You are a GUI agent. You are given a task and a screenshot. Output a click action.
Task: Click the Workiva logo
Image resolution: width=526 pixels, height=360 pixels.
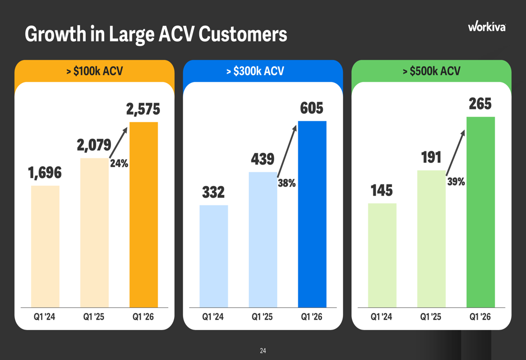[x=487, y=26]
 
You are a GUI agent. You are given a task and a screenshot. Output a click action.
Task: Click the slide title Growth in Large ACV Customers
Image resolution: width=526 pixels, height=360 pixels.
[x=156, y=34]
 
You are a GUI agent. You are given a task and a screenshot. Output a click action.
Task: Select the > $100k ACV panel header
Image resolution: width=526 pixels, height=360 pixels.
[x=95, y=71]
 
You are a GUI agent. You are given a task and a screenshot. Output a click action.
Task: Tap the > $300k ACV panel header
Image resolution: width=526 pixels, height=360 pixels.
[x=255, y=71]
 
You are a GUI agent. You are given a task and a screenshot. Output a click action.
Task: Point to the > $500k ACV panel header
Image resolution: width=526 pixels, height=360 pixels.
[x=431, y=71]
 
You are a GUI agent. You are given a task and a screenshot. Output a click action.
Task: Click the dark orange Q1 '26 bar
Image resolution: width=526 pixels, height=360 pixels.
[x=144, y=214]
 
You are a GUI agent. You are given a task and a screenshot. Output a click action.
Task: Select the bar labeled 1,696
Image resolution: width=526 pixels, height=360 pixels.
[x=45, y=246]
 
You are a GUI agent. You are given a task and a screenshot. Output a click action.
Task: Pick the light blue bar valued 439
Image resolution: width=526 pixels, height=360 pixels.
[x=263, y=240]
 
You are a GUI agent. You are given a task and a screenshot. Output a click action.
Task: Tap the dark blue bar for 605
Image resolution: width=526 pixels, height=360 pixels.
[x=312, y=214]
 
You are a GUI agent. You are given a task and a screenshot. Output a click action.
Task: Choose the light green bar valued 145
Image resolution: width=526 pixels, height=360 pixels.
[x=382, y=255]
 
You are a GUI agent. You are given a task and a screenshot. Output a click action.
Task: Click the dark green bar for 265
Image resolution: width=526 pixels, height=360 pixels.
[x=481, y=212]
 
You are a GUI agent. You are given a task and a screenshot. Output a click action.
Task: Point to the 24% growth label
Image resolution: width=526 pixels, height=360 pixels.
[x=119, y=163]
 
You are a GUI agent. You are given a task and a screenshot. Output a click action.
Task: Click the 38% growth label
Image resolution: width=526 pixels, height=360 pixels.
[x=287, y=183]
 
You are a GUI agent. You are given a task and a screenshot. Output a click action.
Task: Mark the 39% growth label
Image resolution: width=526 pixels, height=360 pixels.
[x=456, y=182]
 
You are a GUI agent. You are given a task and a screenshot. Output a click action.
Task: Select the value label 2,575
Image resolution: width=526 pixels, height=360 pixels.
[x=143, y=109]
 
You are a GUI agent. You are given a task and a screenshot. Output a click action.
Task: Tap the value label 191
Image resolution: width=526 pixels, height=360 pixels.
[x=431, y=157]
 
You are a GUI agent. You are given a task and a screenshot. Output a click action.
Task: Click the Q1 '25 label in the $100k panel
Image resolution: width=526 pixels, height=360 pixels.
[x=94, y=317]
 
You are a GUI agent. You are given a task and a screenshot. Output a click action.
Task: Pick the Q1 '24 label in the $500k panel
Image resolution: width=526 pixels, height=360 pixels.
[x=381, y=317]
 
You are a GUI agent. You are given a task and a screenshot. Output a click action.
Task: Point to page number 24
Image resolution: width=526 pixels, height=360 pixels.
[x=263, y=351]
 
